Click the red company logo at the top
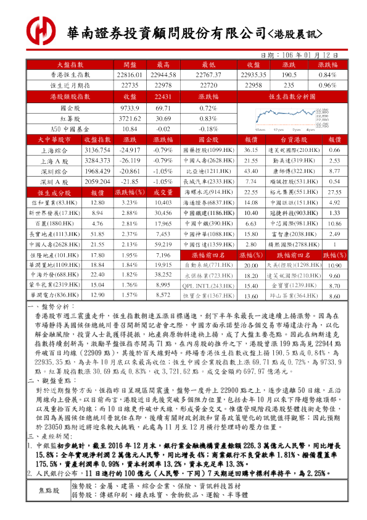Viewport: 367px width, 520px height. point(41,29)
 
